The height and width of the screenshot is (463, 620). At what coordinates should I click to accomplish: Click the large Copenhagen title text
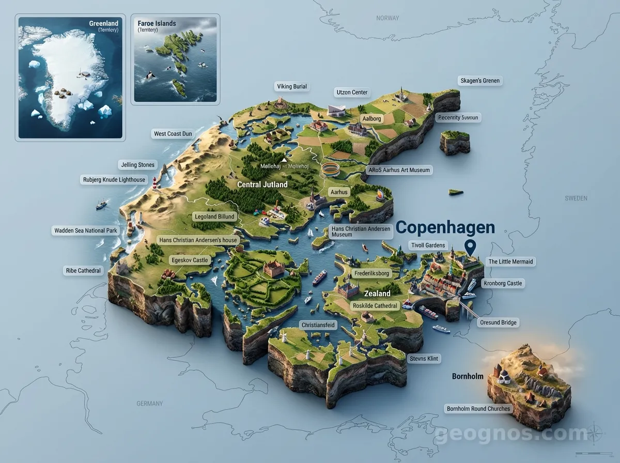pos(445,227)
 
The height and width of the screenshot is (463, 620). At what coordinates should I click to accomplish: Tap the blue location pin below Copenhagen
pos(470,247)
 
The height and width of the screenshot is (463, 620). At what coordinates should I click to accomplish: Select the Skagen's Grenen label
pos(480,81)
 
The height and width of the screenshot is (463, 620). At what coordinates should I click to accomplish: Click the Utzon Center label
pos(352,92)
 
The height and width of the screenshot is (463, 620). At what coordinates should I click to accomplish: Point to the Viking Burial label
pos(292,86)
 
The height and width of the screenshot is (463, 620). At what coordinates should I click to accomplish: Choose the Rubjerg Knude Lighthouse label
pos(114,180)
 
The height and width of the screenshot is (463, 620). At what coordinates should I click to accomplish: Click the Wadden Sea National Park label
pos(86,230)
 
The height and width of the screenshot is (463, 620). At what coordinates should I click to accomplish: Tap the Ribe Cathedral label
pos(83,271)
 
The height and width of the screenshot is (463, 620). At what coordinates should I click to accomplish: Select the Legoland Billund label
pos(214,217)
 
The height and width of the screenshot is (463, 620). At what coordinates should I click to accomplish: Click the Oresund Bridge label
pos(498,322)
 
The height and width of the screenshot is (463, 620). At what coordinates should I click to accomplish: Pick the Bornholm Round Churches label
pos(478,409)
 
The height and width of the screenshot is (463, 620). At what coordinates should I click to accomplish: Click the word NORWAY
pos(388,18)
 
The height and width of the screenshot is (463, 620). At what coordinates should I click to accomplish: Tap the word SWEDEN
pos(576,198)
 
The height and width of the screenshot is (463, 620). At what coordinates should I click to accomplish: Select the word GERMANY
pos(149,404)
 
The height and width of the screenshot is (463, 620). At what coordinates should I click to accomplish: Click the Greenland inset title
pos(103,23)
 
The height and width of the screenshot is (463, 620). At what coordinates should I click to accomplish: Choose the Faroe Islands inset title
pos(157,23)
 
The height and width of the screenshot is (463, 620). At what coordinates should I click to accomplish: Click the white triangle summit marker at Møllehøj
pos(284,160)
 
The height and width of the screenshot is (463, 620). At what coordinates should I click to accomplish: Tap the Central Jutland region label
pos(262,184)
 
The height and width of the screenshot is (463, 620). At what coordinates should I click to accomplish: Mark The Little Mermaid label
pos(510,262)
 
